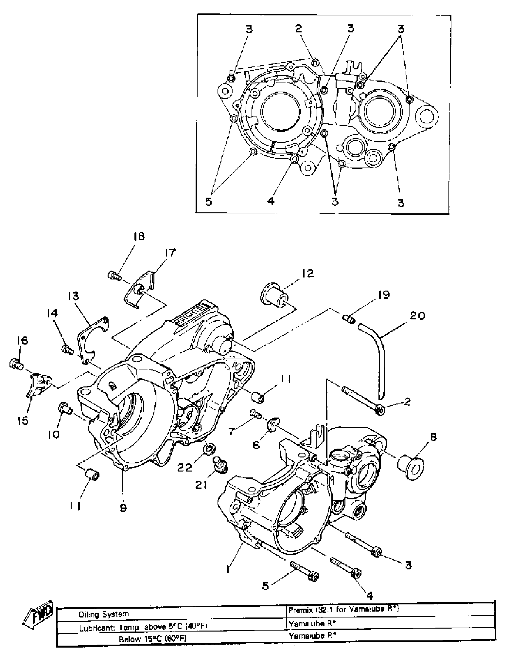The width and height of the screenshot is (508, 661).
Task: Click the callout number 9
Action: [x=123, y=508]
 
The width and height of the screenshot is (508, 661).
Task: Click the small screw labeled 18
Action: [x=114, y=276]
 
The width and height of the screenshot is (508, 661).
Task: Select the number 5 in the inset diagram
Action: [x=209, y=202]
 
